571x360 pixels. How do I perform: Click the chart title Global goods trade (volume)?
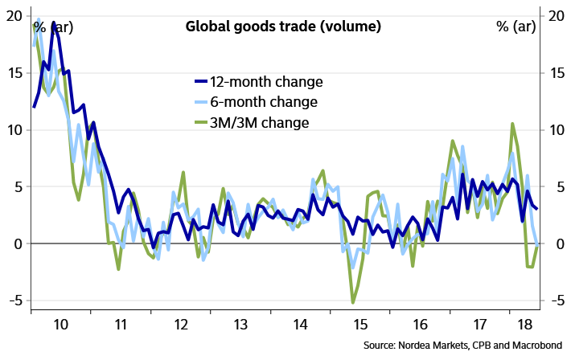click(283, 27)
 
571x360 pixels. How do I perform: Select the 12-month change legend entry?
click(265, 82)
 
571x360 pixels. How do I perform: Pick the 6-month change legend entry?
click(263, 102)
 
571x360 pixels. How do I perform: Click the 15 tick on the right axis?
click(556, 72)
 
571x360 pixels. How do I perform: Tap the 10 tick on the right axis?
click(556, 129)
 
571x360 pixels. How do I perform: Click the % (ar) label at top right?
click(518, 27)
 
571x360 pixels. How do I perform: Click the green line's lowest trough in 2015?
click(353, 302)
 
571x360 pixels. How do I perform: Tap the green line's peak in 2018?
click(511, 124)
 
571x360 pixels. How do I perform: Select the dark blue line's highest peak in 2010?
click(53, 22)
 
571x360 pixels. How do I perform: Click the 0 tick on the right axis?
click(555, 243)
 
